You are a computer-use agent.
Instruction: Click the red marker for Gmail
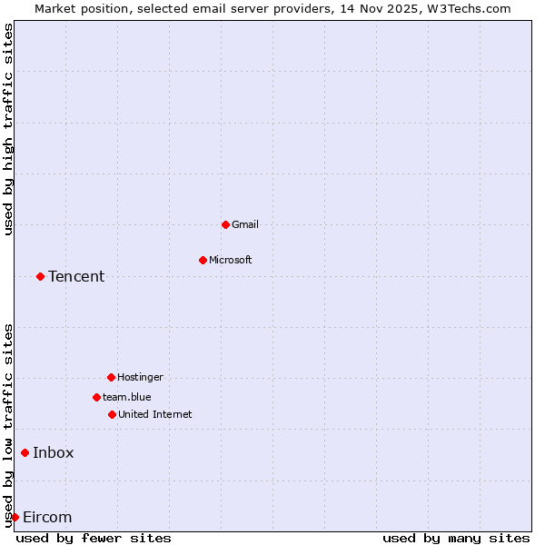(225, 224)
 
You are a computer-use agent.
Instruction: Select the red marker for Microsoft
(203, 260)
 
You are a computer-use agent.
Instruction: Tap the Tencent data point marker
(40, 276)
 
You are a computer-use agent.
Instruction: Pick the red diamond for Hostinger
(111, 377)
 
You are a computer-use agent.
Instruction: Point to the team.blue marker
(96, 397)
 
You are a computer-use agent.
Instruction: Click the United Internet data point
(112, 414)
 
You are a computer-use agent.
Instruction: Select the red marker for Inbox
(25, 452)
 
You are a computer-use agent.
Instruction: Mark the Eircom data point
(15, 517)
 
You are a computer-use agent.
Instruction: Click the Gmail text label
(245, 224)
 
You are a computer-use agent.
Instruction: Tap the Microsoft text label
(231, 260)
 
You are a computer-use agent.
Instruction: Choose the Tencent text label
(76, 276)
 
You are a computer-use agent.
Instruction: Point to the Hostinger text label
(140, 377)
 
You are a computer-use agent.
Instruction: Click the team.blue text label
(127, 397)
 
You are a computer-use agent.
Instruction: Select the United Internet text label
(155, 414)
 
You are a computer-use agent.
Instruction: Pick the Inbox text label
(54, 452)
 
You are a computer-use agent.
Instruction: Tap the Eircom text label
(47, 517)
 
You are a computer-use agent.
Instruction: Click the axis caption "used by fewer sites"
(94, 538)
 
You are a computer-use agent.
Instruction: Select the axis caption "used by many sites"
(456, 538)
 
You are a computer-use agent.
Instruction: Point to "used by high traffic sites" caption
(8, 129)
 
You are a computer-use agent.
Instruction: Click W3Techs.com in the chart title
(469, 8)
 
